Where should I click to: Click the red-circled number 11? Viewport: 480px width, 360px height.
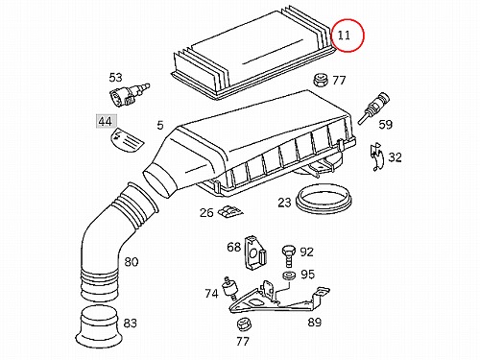[344, 35]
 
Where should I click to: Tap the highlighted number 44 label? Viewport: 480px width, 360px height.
[107, 121]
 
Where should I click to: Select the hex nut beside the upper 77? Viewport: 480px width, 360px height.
[321, 80]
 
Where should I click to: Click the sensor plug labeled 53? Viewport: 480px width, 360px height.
[128, 94]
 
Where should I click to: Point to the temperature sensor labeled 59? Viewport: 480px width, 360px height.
[373, 108]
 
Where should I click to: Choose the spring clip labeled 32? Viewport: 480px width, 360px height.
[377, 156]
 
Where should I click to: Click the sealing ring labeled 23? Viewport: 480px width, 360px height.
[324, 200]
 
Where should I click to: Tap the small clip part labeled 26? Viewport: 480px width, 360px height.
[229, 211]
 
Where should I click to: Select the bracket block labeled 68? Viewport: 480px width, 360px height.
[256, 252]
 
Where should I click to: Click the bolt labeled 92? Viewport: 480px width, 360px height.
[289, 255]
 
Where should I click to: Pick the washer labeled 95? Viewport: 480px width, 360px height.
[290, 276]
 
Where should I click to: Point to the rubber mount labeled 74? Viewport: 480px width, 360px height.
[229, 288]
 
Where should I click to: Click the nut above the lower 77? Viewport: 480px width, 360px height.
[244, 324]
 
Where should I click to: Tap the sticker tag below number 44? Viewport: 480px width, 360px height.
[128, 140]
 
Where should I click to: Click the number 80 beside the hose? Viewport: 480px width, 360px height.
[131, 262]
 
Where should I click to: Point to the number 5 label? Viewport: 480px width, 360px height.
[160, 125]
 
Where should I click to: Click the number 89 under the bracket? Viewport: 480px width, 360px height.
[314, 322]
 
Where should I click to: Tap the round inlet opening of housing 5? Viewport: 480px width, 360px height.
[159, 182]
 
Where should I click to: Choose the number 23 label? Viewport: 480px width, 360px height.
[284, 203]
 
